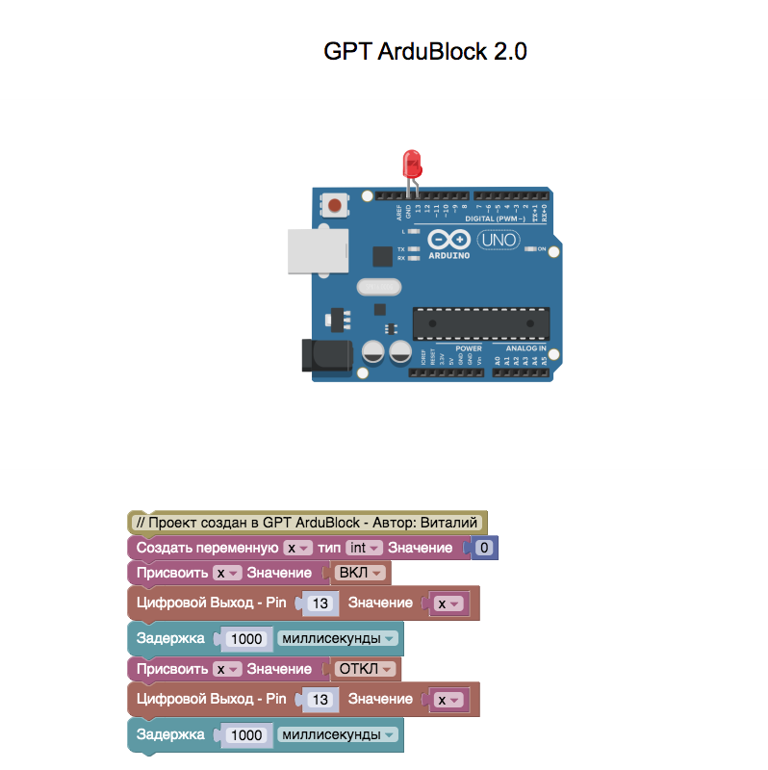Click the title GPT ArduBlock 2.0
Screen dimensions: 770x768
tap(424, 52)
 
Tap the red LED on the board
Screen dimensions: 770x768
tap(412, 160)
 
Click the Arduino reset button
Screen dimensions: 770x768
tap(334, 205)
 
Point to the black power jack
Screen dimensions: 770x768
tap(325, 355)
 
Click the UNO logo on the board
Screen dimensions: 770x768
tap(499, 240)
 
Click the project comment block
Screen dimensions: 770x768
tap(307, 523)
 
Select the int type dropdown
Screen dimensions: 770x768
tap(364, 548)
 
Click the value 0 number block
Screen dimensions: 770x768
tap(485, 548)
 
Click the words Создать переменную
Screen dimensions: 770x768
tap(207, 548)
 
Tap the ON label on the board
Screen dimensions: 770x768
tap(542, 249)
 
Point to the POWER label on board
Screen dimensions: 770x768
tap(469, 347)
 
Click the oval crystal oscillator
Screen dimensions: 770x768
tap(377, 286)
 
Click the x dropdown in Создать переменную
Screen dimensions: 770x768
tap(298, 548)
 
